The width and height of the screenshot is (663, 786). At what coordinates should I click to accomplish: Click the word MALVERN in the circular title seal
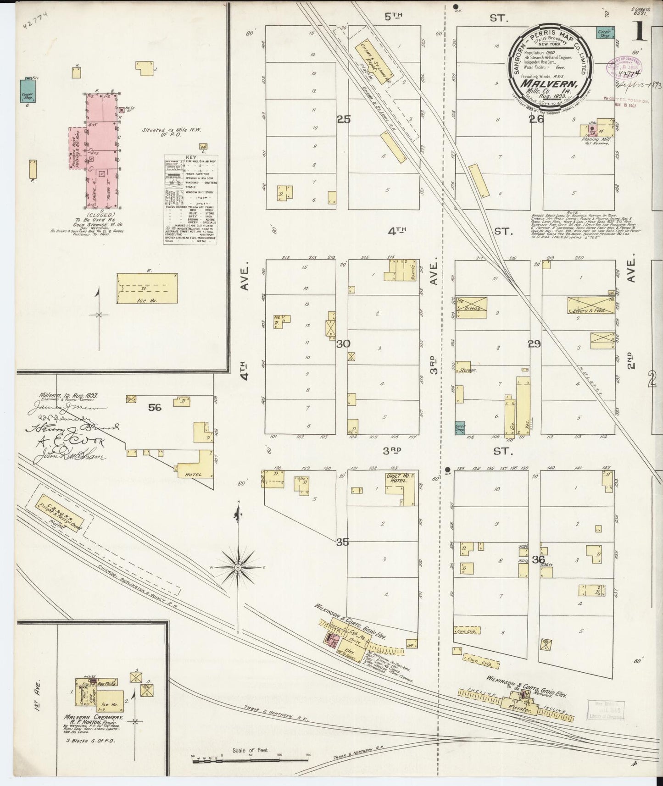click(x=546, y=84)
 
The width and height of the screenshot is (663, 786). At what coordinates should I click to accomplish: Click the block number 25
click(x=343, y=119)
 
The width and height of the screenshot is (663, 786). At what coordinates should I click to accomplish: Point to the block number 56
click(x=155, y=406)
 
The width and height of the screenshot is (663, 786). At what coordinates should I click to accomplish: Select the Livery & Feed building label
click(x=590, y=310)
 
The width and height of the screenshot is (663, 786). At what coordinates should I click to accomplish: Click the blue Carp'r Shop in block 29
click(x=460, y=427)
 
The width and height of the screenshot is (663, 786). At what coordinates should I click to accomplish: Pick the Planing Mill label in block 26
click(x=595, y=139)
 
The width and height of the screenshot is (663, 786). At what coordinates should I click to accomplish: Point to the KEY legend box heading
click(x=190, y=157)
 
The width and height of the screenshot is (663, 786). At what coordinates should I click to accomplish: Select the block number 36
click(x=539, y=559)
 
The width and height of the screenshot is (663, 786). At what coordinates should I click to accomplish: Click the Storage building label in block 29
click(x=468, y=370)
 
